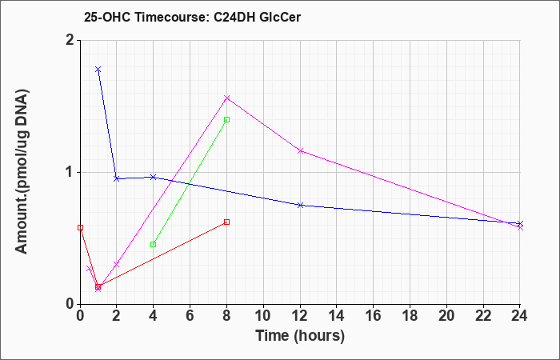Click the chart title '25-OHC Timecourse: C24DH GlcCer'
(x=192, y=17)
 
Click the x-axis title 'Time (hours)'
(x=300, y=336)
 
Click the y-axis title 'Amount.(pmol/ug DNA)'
(x=22, y=172)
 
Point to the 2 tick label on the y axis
(x=70, y=40)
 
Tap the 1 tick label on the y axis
(x=70, y=173)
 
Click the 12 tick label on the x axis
(x=300, y=316)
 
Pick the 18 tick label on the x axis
(x=410, y=316)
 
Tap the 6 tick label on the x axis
(x=190, y=316)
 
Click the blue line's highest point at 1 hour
(x=98, y=70)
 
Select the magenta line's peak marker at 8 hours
(x=226, y=98)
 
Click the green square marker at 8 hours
(x=226, y=120)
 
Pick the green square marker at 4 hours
(x=154, y=244)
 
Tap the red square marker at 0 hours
(x=80, y=227)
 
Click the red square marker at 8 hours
(x=226, y=222)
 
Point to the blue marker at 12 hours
(x=300, y=205)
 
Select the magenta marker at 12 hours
(x=300, y=150)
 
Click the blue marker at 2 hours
(x=116, y=178)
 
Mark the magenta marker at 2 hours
(x=116, y=264)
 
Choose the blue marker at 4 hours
(x=154, y=177)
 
